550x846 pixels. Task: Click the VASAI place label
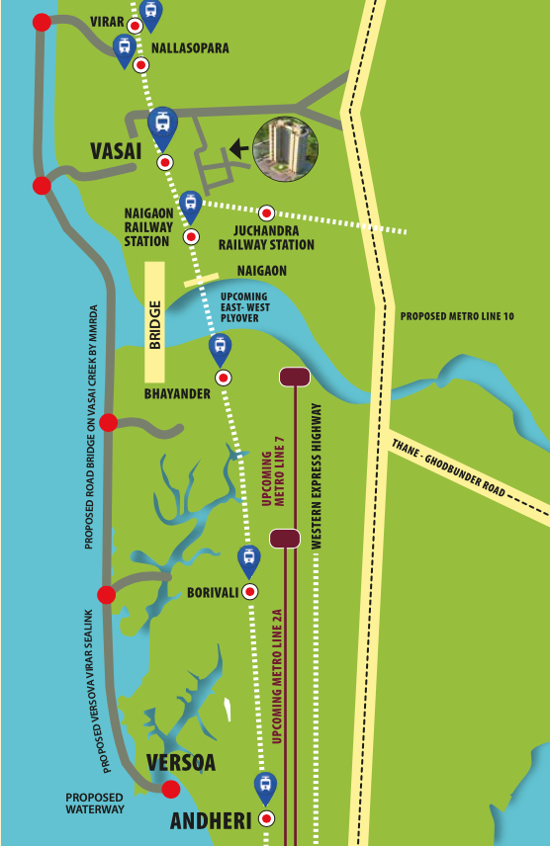[x=116, y=150]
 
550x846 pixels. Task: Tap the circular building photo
[x=287, y=149]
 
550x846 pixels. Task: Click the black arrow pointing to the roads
[x=238, y=149]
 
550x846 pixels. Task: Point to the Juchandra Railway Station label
[x=266, y=238]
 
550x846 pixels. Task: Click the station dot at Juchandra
[x=266, y=212]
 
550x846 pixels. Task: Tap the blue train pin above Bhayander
[x=220, y=348]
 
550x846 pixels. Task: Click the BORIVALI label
[x=212, y=593]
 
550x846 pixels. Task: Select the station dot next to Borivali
[x=250, y=591]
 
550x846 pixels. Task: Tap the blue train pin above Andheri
[x=264, y=788]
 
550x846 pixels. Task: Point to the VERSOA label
[x=181, y=763]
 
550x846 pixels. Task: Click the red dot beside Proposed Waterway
[x=171, y=789]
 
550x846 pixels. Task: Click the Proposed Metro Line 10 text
[x=456, y=317]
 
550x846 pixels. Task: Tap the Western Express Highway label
[x=317, y=476]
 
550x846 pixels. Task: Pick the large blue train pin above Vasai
[x=162, y=125]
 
